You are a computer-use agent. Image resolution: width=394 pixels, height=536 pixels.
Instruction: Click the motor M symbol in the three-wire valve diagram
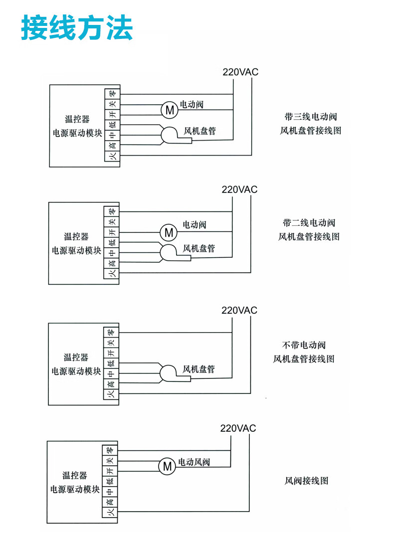pos(170,110)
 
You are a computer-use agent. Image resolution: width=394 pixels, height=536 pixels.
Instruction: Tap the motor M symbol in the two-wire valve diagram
pos(169,232)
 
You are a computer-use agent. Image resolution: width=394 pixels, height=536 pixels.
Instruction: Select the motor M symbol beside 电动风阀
pos(167,466)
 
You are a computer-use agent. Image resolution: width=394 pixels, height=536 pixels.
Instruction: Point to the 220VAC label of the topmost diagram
pos(240,72)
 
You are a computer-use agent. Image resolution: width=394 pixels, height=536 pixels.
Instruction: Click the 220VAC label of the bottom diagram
pos(238,428)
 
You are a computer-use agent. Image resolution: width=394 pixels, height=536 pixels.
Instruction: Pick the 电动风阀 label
pos(194,462)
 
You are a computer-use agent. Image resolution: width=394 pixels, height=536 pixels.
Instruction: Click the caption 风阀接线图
pos(306,481)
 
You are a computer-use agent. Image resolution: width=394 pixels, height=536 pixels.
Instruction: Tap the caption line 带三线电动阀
pos(311,117)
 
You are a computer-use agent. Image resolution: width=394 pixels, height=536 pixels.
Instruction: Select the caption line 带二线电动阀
pos(309,222)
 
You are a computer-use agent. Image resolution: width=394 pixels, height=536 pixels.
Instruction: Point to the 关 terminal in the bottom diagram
pos(110,461)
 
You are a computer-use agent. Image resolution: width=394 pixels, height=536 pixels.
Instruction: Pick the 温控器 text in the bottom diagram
pos(75,476)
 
